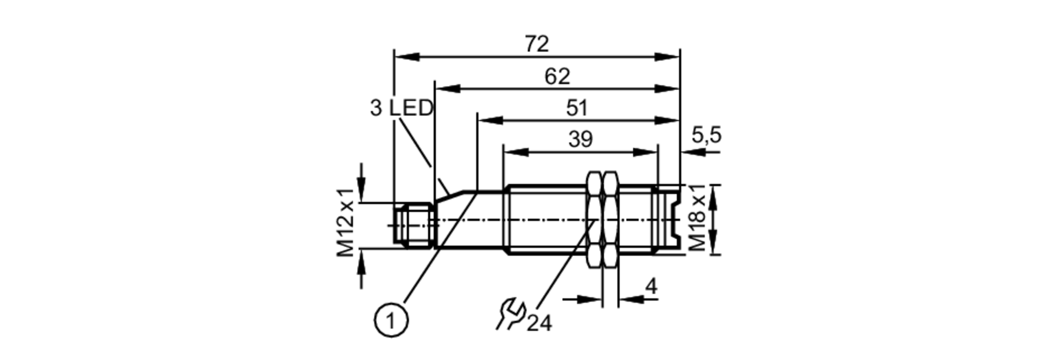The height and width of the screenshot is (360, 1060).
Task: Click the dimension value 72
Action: point(537,44)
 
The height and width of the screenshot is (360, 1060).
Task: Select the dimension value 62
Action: point(557,77)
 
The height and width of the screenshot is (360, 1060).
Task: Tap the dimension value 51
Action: point(577,108)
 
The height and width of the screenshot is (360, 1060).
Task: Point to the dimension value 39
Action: point(580,140)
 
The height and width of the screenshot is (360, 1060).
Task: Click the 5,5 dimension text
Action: point(706,136)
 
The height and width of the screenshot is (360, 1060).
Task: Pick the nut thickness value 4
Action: point(651,287)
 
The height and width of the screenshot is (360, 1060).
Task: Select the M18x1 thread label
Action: point(697,218)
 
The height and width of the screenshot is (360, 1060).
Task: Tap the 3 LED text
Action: point(402,109)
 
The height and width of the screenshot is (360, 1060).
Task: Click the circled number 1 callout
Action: point(392,321)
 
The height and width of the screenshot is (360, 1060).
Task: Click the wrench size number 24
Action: point(539,323)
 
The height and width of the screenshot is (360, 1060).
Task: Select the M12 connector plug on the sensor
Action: point(414,225)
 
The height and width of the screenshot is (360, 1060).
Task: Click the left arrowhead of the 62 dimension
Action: point(447,89)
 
